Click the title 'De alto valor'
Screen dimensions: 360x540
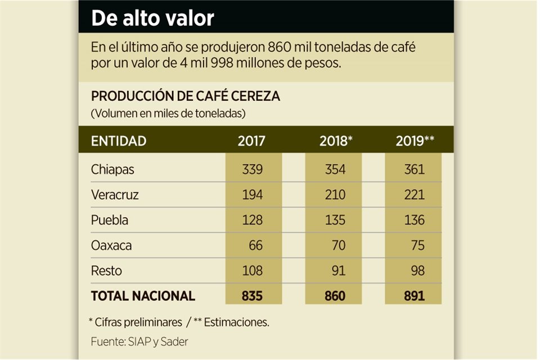point(153,18)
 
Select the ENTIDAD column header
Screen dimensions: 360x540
point(119,141)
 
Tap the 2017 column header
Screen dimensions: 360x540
point(251,141)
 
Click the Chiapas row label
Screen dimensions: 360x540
point(112,169)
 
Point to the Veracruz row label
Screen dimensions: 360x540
point(115,195)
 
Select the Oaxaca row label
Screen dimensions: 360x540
point(111,246)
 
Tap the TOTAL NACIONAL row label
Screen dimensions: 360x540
point(143,296)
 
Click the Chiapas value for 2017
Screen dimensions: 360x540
point(251,169)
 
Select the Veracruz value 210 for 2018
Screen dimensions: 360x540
point(335,195)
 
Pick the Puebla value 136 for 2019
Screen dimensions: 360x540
point(415,220)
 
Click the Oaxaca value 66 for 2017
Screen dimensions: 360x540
point(255,246)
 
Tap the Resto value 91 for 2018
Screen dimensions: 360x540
point(339,271)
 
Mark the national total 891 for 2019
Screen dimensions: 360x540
point(415,296)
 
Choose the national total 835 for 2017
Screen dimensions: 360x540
point(251,296)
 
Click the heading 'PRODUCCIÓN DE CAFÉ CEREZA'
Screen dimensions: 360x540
point(185,96)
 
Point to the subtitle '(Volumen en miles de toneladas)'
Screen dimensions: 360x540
point(168,114)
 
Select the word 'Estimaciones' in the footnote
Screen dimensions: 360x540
point(236,322)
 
